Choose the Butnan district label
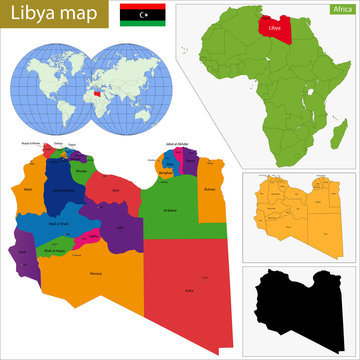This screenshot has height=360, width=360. (x=210, y=187)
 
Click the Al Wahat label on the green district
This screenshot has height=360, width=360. (x=170, y=209)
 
